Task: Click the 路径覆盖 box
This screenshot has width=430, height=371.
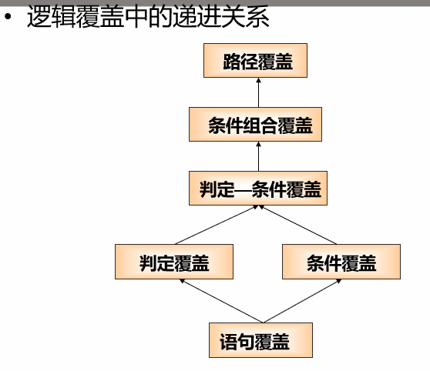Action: point(257,62)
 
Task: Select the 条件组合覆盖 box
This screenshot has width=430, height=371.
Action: point(257,125)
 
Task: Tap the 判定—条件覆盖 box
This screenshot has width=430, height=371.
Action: point(257,189)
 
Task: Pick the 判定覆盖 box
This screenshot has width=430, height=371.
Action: point(174,262)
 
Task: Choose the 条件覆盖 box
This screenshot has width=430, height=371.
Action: point(341,262)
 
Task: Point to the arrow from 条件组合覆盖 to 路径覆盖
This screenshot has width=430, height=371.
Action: point(257,93)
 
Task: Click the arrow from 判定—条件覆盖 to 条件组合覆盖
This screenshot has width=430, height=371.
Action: point(257,157)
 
